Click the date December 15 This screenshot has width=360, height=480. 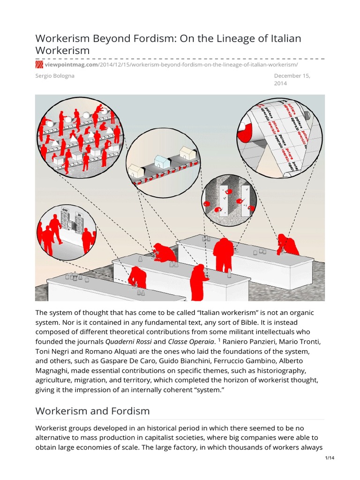[292, 75]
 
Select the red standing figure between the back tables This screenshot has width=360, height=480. [224, 254]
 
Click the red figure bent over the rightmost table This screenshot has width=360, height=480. [287, 244]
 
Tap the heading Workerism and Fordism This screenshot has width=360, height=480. [92, 411]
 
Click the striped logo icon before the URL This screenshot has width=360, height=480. [39, 64]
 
